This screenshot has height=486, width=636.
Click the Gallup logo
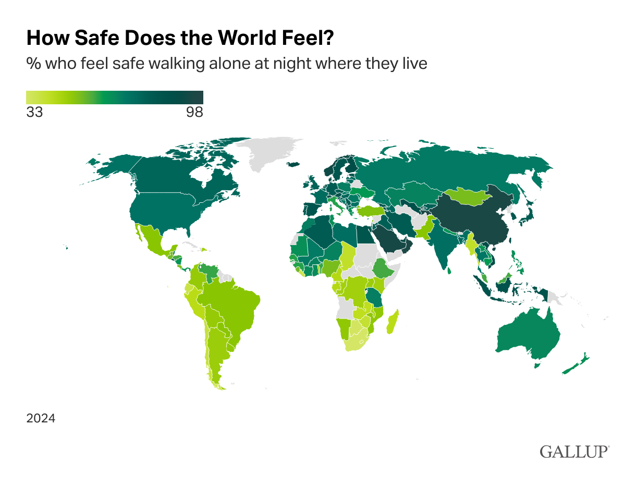[x=574, y=451]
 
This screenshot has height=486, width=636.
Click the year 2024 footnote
[x=41, y=418]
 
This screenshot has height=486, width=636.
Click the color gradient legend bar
[x=115, y=98]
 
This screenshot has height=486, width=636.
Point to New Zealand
[x=576, y=365]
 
